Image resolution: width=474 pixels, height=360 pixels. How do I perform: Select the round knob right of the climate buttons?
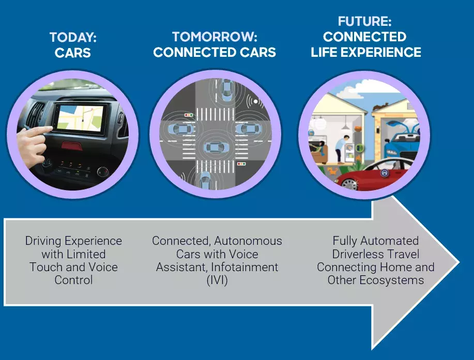[x=103, y=171]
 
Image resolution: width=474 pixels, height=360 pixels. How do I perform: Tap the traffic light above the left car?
[x=189, y=115]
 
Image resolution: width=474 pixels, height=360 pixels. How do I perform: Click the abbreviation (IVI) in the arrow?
[x=217, y=280]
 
